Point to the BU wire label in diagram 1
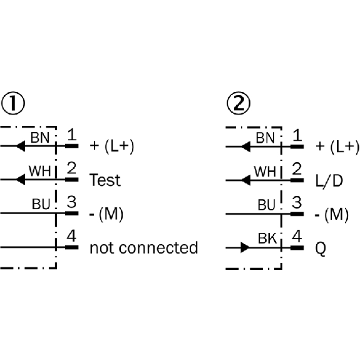coord(41,203)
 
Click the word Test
coord(105,180)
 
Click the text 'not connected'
coord(143,248)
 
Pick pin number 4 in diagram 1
coord(71,237)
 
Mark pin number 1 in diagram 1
coord(71,135)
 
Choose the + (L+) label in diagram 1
coord(112,147)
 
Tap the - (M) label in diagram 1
coord(106,214)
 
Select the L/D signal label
coord(328,180)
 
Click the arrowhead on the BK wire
coord(245,248)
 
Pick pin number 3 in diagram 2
coord(297,203)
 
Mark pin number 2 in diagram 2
coord(297,169)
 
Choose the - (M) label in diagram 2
coord(331,214)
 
